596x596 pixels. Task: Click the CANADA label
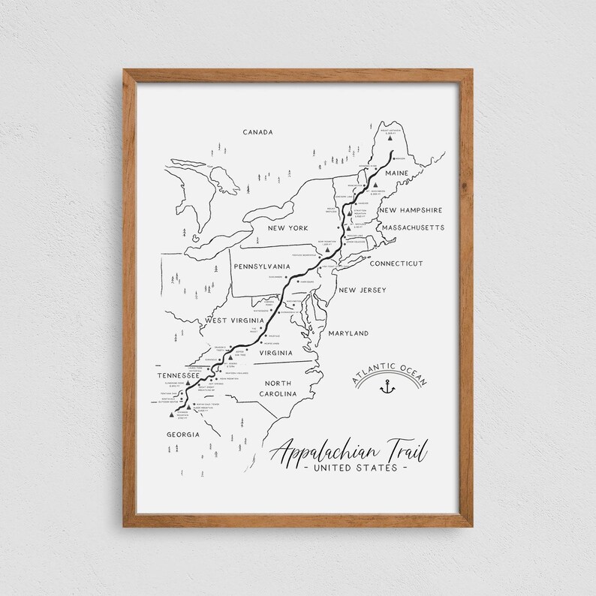(257, 132)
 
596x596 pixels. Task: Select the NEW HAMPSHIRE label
(411, 211)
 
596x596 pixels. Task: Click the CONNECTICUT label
(396, 263)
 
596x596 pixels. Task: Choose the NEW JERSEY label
(362, 290)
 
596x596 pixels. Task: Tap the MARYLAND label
(348, 333)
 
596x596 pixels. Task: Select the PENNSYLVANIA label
(261, 266)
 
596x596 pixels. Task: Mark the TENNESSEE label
(178, 375)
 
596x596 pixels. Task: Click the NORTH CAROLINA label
(277, 388)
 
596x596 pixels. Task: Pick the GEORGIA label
(183, 435)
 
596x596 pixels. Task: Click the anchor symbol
(388, 387)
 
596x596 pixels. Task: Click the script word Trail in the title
(403, 451)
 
